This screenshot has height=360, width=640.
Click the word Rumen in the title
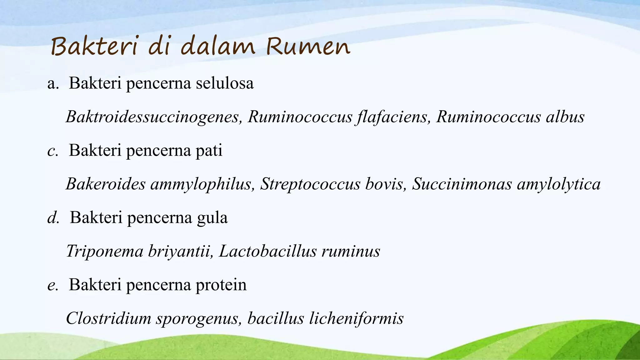tap(308, 47)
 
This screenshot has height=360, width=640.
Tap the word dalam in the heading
tap(217, 47)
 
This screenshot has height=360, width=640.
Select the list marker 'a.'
tap(53, 84)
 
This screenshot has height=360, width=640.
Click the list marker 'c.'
tap(53, 151)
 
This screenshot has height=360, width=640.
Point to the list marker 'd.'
tap(53, 218)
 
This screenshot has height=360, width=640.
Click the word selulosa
tap(225, 83)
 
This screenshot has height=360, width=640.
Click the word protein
tap(221, 285)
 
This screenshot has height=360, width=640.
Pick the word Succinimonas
tap(462, 184)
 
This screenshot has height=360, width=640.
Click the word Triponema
tap(105, 252)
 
